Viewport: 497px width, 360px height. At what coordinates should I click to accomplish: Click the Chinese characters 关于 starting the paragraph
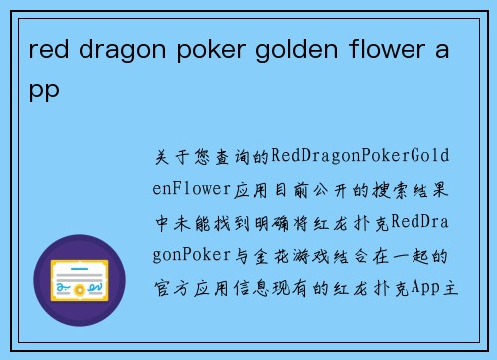point(170,158)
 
